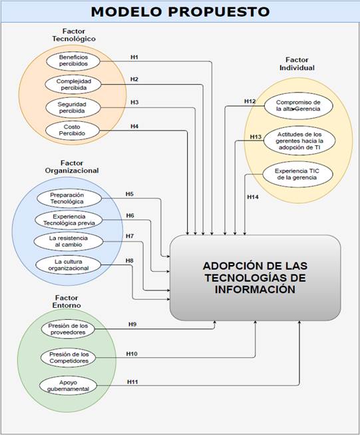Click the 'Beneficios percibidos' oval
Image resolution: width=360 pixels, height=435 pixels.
(x=73, y=61)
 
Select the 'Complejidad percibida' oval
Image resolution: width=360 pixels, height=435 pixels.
(x=73, y=85)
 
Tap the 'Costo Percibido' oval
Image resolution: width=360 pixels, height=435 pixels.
(x=72, y=130)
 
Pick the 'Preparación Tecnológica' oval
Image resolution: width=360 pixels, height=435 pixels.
(x=69, y=199)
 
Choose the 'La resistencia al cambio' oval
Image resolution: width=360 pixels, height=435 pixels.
(x=69, y=241)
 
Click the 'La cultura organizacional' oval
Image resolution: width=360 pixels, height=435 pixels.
(x=68, y=265)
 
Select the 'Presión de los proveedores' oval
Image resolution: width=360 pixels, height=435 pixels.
(x=68, y=329)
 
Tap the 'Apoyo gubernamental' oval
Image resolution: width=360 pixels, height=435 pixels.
(x=68, y=386)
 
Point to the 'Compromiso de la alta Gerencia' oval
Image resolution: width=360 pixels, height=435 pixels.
(x=298, y=106)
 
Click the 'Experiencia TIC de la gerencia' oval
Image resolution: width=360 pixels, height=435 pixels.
(x=297, y=175)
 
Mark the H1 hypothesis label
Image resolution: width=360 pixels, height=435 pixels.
(x=134, y=57)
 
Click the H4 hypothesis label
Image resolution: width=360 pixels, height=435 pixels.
(x=134, y=127)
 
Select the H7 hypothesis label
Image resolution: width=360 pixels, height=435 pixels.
(x=130, y=236)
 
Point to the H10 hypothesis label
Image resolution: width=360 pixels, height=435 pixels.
(x=132, y=354)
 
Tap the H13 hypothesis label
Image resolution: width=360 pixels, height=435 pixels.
(x=256, y=137)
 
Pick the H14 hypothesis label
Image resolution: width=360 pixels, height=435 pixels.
(x=253, y=197)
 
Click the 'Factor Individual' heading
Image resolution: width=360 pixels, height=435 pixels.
(x=297, y=64)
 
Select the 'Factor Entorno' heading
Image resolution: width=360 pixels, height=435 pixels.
(x=67, y=302)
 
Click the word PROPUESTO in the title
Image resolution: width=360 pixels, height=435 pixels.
(x=219, y=12)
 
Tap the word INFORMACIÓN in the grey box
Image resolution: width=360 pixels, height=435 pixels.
(x=255, y=289)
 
